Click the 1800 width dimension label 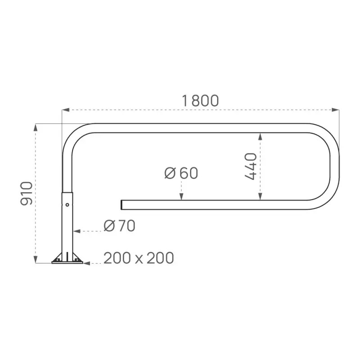tap(200, 101)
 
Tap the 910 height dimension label tap(27, 193)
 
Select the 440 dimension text tap(251, 166)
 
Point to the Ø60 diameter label tap(181, 173)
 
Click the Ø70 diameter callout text tap(119, 226)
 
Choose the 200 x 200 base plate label tap(139, 258)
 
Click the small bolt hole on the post tap(67, 205)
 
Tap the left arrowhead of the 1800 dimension tap(66, 110)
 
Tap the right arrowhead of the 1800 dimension tap(335, 110)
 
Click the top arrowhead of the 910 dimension tap(36, 128)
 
